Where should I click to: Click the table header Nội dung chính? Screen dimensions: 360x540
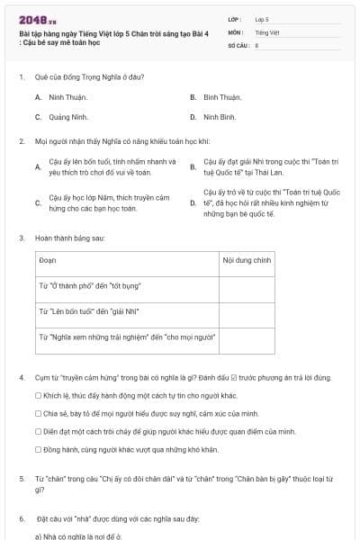[247, 259]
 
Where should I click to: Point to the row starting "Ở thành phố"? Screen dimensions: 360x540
[90, 286]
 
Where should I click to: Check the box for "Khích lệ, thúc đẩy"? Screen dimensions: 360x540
[38, 395]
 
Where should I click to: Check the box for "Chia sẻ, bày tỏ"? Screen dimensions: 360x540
[38, 413]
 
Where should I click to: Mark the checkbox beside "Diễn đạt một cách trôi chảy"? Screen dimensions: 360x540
[38, 431]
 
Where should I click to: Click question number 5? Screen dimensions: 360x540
[22, 477]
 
